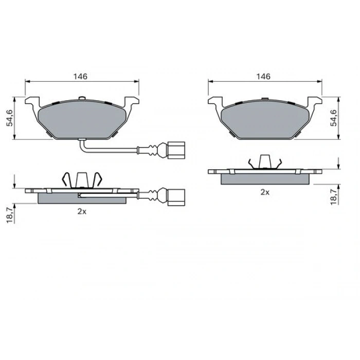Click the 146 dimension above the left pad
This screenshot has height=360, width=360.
tap(80, 77)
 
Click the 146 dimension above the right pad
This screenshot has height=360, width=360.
tap(263, 77)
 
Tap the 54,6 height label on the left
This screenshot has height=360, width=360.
tap(10, 118)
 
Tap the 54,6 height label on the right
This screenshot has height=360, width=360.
tap(334, 118)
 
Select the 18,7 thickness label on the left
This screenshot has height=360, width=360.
tap(10, 215)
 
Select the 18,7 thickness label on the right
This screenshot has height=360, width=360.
tap(334, 197)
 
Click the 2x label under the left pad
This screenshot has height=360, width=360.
tap(82, 211)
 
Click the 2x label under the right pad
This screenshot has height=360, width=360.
tap(265, 192)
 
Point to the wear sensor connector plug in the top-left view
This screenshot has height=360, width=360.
tap(176, 150)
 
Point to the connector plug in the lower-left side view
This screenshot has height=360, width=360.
tap(176, 197)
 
